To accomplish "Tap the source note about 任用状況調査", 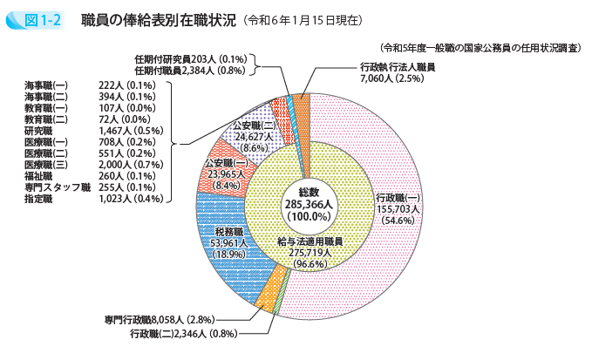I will (x=475, y=49).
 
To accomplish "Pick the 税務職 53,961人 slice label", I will (x=228, y=243).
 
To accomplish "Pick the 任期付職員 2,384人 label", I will (x=192, y=70).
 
